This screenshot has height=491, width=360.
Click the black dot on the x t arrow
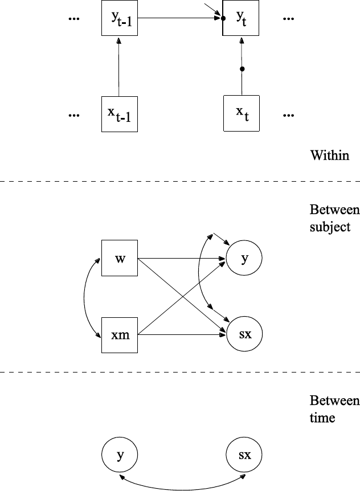click(x=242, y=69)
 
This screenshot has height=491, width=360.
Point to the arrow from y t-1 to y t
click(x=179, y=18)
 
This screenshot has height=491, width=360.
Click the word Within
click(x=329, y=155)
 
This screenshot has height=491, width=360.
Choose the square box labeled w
click(x=120, y=259)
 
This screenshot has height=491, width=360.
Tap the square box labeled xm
click(x=120, y=334)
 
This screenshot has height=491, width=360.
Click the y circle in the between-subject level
click(x=244, y=259)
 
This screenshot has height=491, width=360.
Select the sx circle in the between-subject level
click(x=244, y=334)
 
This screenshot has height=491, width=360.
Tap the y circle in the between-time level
click(x=120, y=455)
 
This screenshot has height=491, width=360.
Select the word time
click(x=322, y=418)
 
